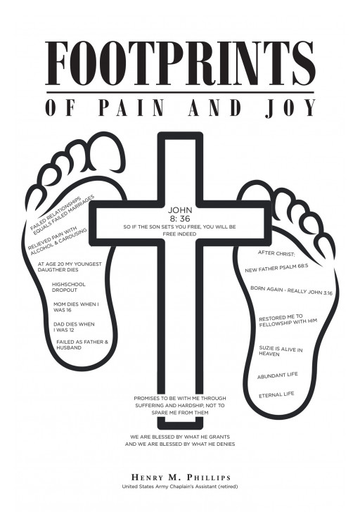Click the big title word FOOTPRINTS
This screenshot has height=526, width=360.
coord(180,63)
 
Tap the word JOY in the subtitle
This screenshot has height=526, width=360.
coord(290,108)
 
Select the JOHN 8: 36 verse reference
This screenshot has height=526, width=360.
coord(179,214)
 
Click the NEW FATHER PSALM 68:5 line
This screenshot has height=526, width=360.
coord(276,269)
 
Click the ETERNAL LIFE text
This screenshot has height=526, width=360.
coord(276,394)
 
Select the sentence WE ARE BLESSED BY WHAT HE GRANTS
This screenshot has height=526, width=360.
coord(179,436)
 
